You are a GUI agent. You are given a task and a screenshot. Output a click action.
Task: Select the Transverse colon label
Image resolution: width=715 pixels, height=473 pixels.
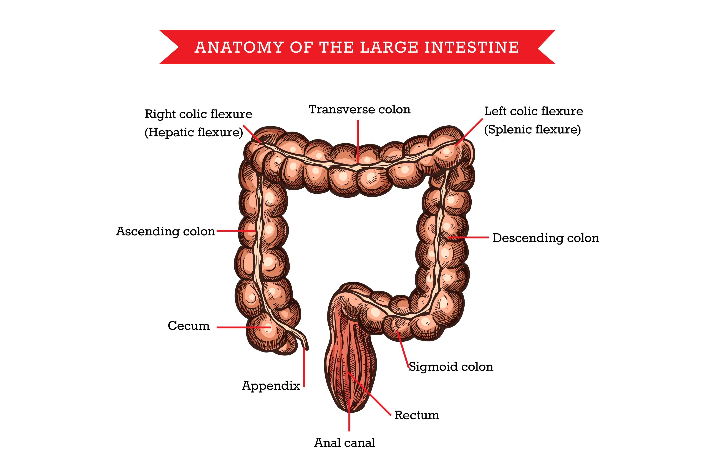pyautogui.click(x=359, y=110)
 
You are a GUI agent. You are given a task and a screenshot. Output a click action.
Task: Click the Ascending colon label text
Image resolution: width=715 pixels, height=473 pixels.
pyautogui.click(x=165, y=231)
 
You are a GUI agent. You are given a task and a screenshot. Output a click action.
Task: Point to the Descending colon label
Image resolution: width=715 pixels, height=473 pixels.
pyautogui.click(x=545, y=238)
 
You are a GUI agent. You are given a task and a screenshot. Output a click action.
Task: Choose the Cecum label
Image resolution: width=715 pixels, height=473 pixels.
pyautogui.click(x=189, y=326)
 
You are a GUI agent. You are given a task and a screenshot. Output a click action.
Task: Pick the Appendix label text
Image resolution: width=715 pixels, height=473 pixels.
pyautogui.click(x=271, y=386)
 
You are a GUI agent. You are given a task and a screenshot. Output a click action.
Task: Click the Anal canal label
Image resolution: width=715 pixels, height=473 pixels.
pyautogui.click(x=344, y=443)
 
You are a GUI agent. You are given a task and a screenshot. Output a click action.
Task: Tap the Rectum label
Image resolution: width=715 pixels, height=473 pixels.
pyautogui.click(x=416, y=415)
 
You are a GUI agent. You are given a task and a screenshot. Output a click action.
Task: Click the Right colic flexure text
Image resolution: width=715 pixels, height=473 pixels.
pyautogui.click(x=198, y=114)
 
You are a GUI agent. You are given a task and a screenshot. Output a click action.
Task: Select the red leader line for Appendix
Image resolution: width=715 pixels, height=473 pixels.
pyautogui.click(x=304, y=368)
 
